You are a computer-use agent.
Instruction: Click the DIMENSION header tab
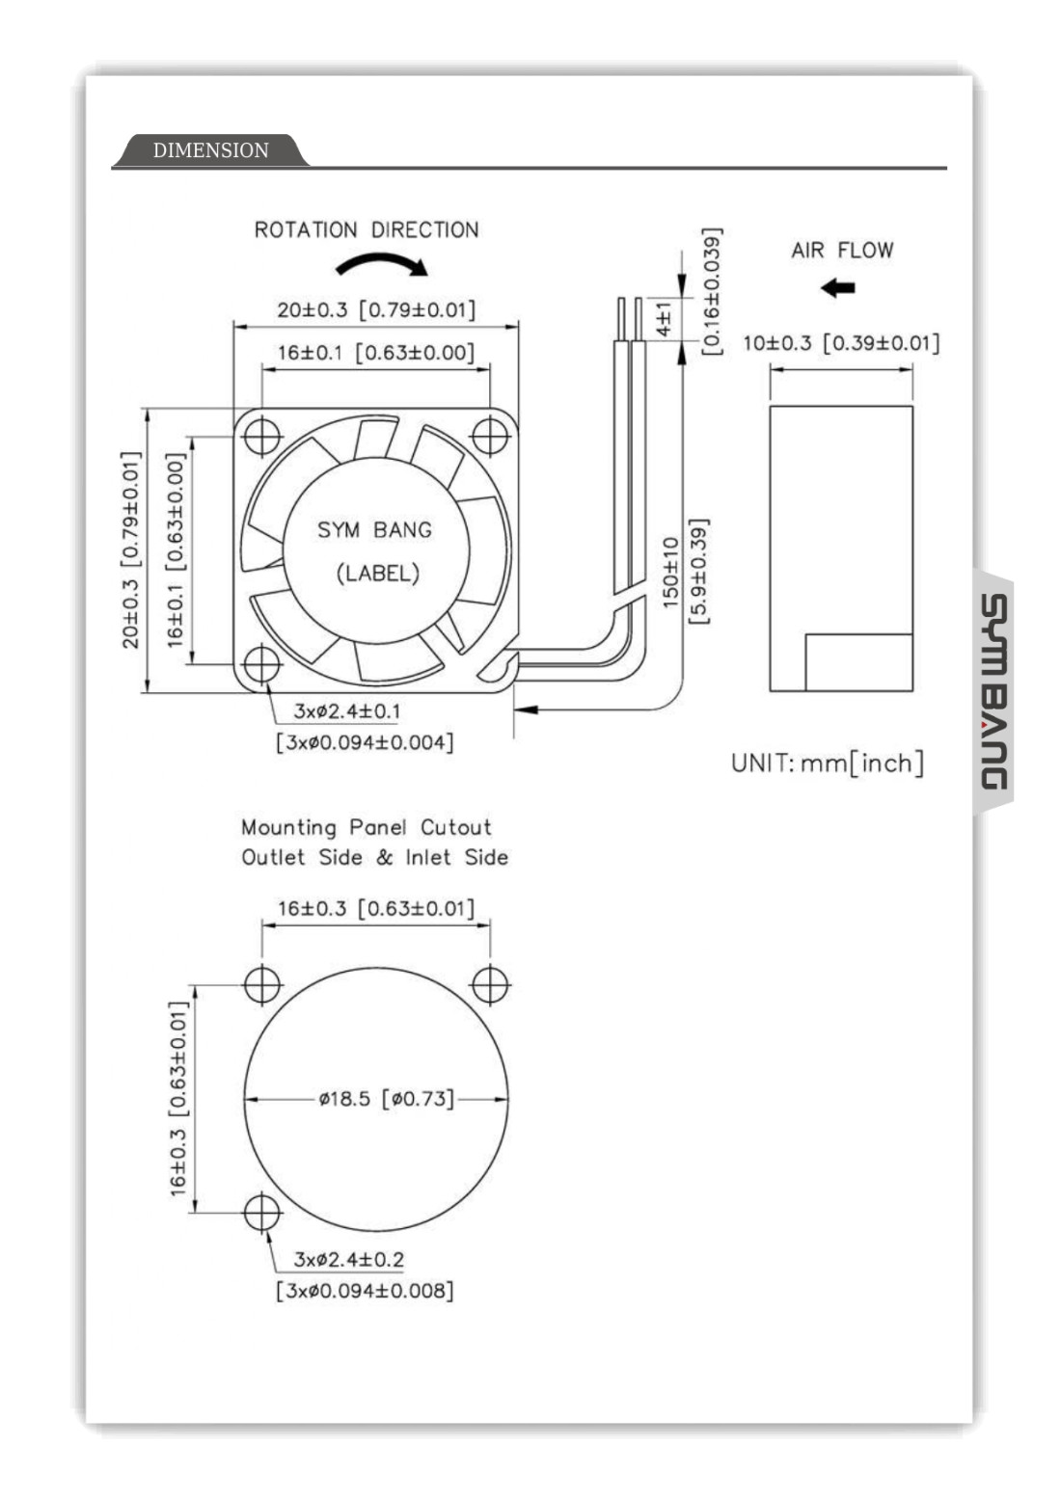(210, 150)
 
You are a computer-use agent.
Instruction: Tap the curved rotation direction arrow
(381, 262)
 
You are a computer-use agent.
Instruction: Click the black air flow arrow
(838, 287)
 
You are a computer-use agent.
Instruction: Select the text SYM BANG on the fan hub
(374, 529)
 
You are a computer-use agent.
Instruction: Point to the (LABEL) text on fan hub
(377, 574)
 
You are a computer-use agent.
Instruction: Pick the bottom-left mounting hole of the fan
(261, 663)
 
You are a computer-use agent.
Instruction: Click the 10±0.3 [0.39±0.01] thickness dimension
(840, 343)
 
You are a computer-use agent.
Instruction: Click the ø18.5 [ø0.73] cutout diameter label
(386, 1099)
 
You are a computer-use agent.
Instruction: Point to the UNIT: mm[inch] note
(827, 763)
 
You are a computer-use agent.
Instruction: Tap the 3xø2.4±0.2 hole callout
(349, 1259)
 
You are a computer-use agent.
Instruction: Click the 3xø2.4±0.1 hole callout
(347, 711)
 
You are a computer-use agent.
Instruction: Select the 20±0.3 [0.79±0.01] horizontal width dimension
(376, 310)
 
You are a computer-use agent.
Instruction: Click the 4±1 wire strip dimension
(664, 318)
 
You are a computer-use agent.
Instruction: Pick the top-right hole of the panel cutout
(490, 985)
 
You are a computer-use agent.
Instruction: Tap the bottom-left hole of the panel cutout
(261, 1213)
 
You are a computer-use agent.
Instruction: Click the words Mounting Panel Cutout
(366, 827)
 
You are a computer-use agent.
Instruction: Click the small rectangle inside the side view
(858, 662)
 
